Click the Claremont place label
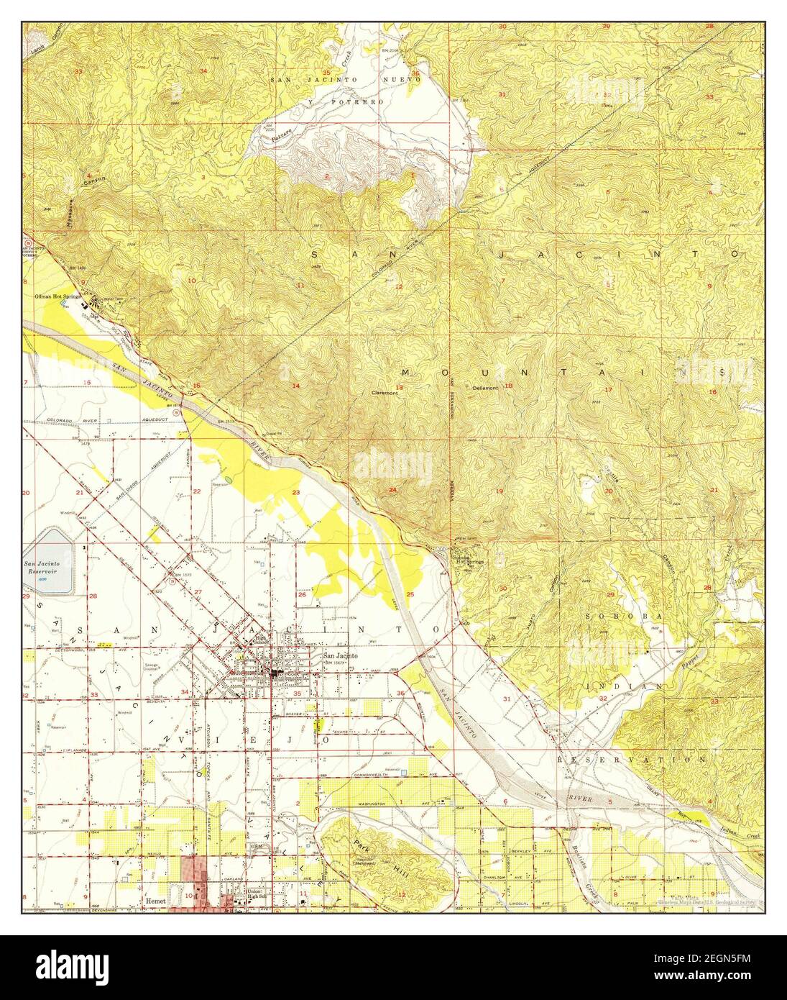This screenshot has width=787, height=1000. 385,394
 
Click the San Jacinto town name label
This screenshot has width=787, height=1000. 340,656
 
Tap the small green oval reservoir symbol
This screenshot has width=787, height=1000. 228,478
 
